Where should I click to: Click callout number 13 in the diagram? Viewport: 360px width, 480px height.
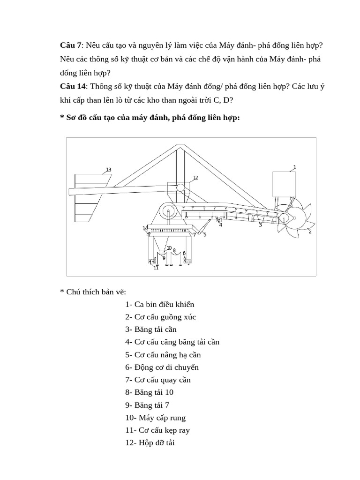coord(108,170)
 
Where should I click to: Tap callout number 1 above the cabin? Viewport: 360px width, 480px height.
coord(294,167)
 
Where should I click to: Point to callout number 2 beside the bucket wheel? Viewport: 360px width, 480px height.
coord(310,232)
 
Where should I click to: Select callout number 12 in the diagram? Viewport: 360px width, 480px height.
coord(195,178)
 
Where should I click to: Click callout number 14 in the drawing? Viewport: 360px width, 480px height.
coord(145,228)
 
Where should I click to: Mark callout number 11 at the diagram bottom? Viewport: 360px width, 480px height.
coord(156,268)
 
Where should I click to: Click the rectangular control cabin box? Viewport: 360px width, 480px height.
coord(284,183)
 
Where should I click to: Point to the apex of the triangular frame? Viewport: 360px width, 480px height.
coord(178,147)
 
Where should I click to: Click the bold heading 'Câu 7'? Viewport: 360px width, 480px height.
coord(70,45)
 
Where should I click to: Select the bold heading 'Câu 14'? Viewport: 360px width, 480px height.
coord(73,86)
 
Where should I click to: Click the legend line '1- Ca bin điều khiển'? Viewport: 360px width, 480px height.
coord(159,304)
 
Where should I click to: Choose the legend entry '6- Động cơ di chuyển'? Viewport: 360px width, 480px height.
coord(165,367)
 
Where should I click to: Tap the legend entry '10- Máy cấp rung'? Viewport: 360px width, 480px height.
coord(155,417)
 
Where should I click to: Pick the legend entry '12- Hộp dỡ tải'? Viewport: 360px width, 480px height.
coord(150,442)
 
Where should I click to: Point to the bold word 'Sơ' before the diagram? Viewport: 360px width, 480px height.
coord(71,117)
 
